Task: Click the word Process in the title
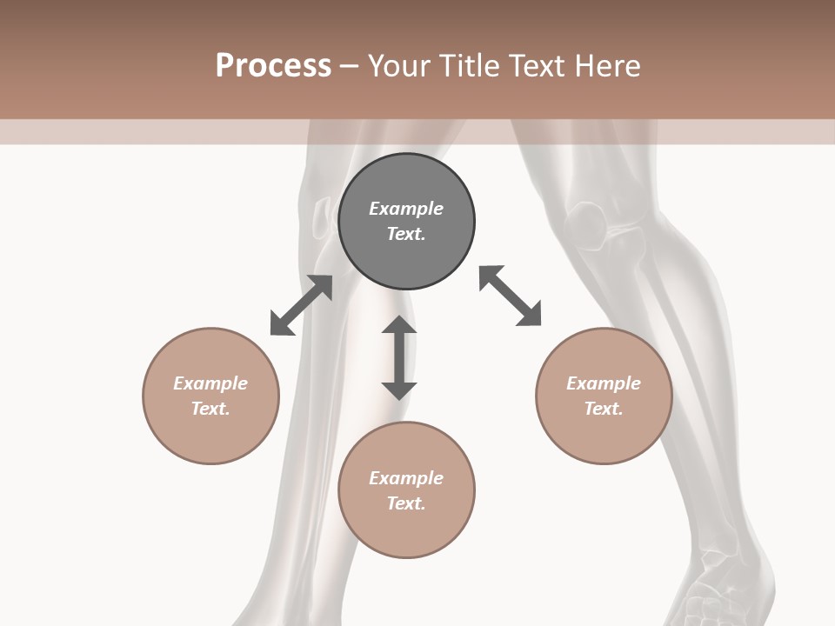[273, 66]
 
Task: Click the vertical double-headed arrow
[399, 358]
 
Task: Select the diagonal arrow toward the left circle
[301, 305]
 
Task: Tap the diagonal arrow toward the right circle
[511, 296]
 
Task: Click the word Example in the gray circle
[406, 209]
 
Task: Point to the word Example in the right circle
[604, 383]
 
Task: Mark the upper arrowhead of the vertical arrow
[399, 327]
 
